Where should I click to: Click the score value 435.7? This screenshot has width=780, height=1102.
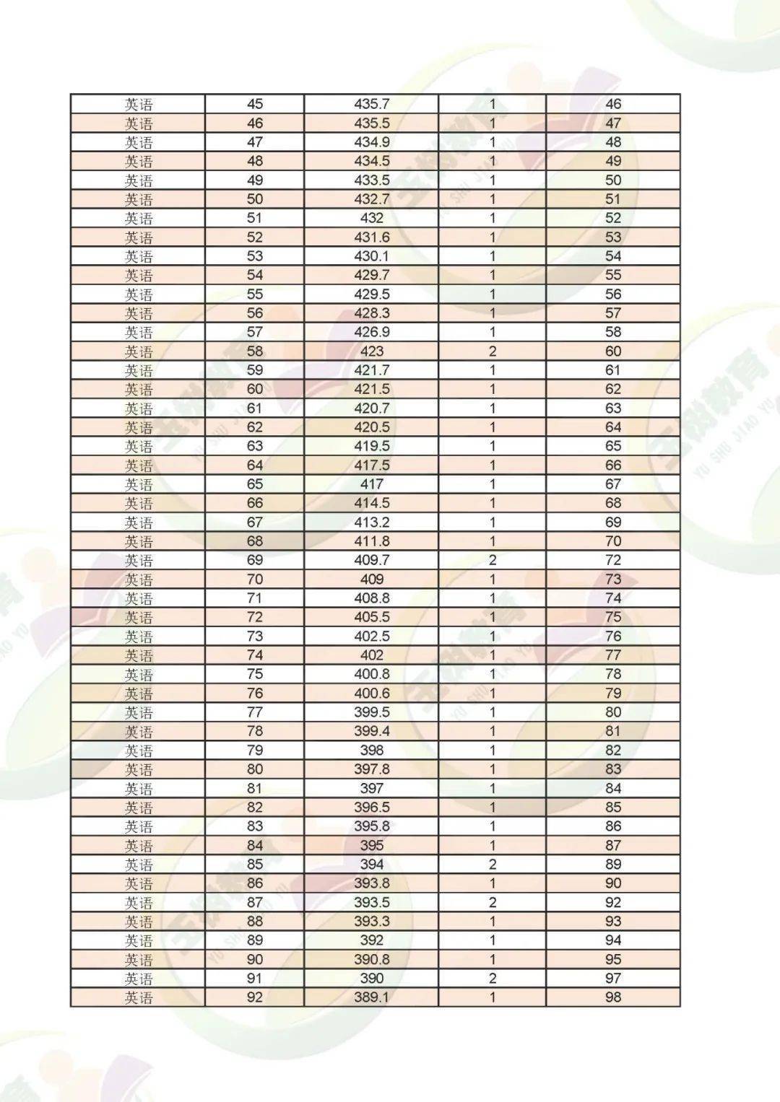[x=371, y=104]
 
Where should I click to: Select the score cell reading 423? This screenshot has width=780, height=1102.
[x=371, y=351]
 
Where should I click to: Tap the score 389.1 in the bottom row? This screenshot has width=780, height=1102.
[x=371, y=997]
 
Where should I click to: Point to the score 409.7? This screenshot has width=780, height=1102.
[x=371, y=560]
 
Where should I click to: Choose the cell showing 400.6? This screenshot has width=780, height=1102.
[x=371, y=694]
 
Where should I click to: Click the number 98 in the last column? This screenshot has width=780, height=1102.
[x=613, y=997]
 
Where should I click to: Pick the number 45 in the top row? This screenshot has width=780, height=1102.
[x=255, y=104]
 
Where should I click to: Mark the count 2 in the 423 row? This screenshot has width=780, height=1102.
[x=493, y=351]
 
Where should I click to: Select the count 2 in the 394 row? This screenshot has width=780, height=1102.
[x=493, y=865]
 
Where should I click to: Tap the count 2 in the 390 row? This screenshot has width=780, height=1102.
[x=493, y=979]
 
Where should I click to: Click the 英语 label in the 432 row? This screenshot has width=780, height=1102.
[x=139, y=219]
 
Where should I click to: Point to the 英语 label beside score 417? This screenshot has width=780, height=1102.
[x=139, y=484]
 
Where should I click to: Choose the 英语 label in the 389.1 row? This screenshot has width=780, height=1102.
[x=139, y=997]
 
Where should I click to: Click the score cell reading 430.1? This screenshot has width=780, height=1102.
[x=371, y=256]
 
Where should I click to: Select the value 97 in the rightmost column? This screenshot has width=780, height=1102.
[x=613, y=979]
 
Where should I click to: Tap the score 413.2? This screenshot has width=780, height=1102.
[x=371, y=522]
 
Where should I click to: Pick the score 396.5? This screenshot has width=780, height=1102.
[x=371, y=808]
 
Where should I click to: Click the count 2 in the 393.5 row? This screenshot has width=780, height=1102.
[x=493, y=902]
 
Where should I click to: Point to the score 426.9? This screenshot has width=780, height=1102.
[x=371, y=332]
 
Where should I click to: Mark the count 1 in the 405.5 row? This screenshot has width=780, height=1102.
[x=493, y=617]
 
